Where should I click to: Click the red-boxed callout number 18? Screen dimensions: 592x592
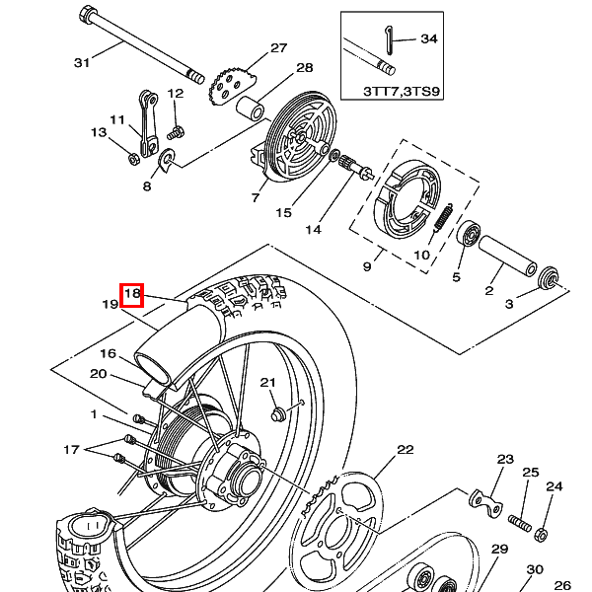[132, 293]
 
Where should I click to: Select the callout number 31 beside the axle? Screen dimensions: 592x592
[82, 62]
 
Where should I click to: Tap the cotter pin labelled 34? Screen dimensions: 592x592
[390, 40]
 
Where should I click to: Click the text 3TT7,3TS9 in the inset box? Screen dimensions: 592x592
[402, 92]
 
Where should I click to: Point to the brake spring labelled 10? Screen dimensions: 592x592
[443, 217]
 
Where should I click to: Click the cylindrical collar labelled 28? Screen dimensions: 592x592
[250, 108]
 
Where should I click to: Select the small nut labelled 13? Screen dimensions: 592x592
[133, 159]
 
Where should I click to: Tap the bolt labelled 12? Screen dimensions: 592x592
[176, 133]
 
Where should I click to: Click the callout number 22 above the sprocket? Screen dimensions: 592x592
[406, 449]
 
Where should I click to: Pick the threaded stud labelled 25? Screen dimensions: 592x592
[520, 523]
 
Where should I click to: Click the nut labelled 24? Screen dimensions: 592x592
[541, 535]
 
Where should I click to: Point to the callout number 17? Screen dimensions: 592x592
[71, 449]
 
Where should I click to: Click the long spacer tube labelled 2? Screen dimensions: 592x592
[508, 256]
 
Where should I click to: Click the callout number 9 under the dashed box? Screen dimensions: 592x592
[367, 266]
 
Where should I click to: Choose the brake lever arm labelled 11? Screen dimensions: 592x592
[148, 123]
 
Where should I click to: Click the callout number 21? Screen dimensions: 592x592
[267, 383]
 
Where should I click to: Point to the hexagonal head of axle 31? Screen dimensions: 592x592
[88, 14]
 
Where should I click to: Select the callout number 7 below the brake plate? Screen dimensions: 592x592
[256, 197]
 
